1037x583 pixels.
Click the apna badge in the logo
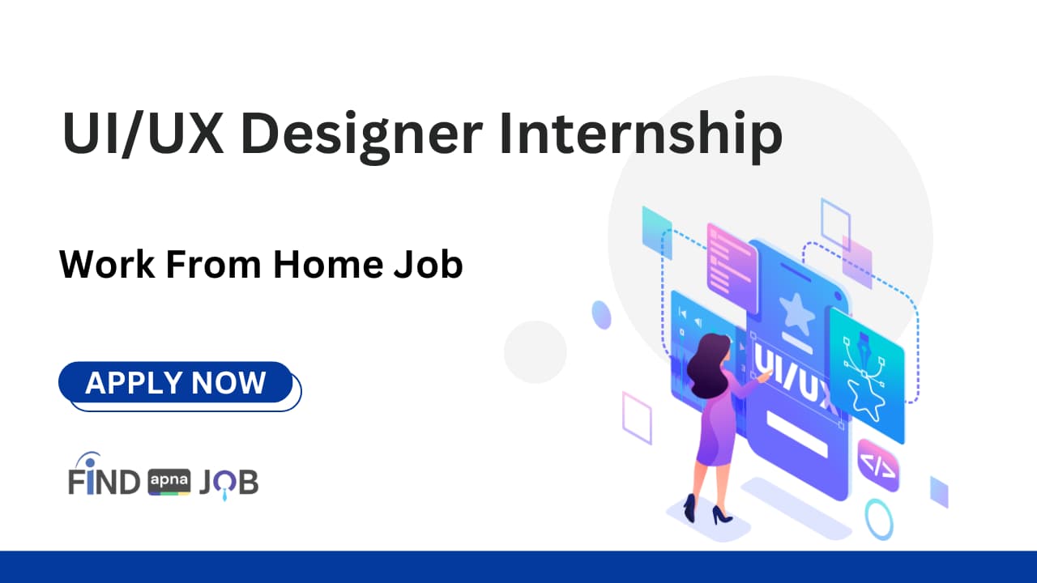click(x=169, y=482)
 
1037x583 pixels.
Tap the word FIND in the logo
click(x=105, y=481)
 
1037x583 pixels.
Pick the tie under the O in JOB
click(x=225, y=492)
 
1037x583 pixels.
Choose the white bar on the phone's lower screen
click(x=796, y=433)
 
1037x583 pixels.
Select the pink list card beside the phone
click(x=732, y=260)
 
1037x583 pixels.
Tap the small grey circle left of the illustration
click(x=535, y=351)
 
